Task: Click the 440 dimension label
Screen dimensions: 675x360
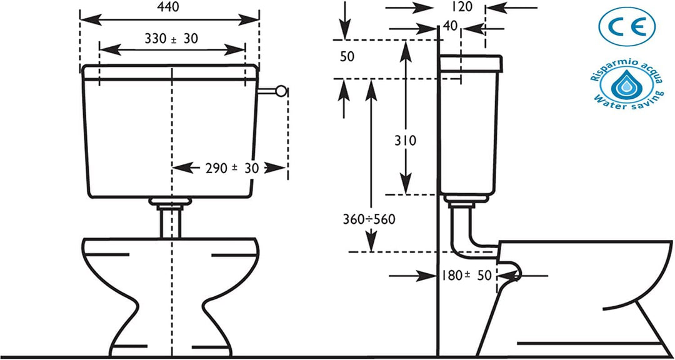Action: pos(169,6)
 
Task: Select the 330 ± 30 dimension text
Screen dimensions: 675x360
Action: pos(171,39)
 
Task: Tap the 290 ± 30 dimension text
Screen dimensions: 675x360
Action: pos(232,168)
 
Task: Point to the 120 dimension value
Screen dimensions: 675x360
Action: pos(462,7)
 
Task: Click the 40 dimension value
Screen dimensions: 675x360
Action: pos(449,26)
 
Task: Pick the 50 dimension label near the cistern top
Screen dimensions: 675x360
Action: pos(347,56)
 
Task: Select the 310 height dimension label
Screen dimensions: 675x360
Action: pos(406,141)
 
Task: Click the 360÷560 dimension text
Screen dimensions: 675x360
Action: pos(369,219)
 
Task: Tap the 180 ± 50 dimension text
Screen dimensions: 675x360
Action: pos(466,276)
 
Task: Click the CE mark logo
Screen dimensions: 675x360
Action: pos(627,27)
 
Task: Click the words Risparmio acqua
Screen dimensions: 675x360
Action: pos(624,68)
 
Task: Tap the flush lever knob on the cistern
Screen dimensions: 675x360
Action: pos(281,91)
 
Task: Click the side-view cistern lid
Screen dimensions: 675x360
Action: pos(469,63)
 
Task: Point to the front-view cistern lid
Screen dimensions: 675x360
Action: pos(171,72)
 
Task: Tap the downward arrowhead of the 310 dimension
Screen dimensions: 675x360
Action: pos(406,184)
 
